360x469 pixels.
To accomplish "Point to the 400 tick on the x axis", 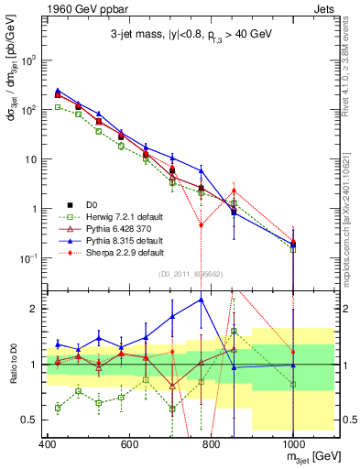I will click(48, 444).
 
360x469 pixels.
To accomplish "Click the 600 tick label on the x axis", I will click(129, 444).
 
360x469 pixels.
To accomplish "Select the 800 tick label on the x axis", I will click(211, 444).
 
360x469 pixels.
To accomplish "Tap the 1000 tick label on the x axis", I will click(292, 444).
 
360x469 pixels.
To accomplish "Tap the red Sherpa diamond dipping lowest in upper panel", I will click(202, 224).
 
